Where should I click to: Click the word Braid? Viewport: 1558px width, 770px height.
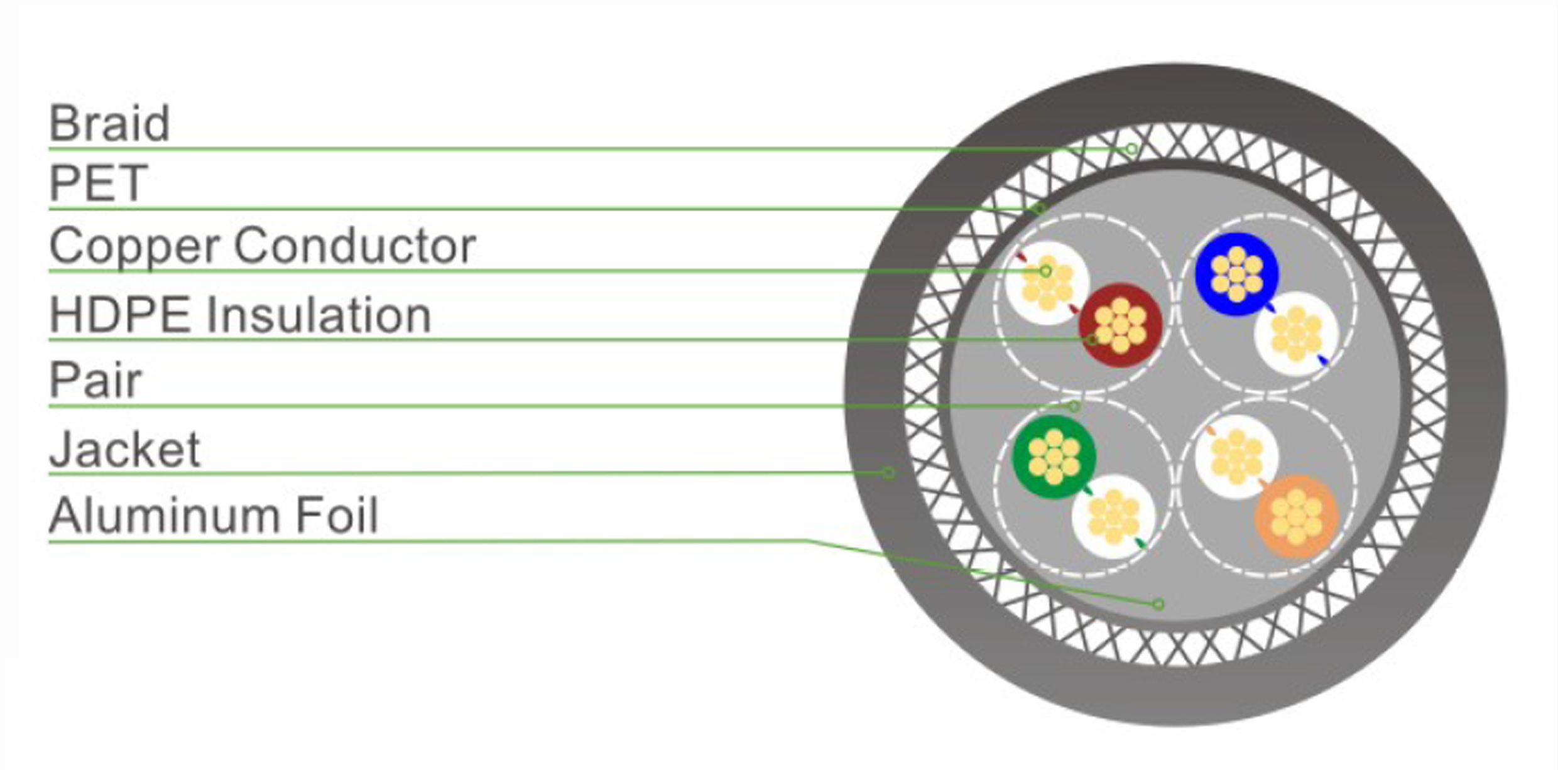pyautogui.click(x=109, y=123)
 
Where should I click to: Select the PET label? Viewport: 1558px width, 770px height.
pyautogui.click(x=99, y=183)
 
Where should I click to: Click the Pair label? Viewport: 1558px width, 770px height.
pyautogui.click(x=95, y=380)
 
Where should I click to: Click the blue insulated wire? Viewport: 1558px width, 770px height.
pyautogui.click(x=1236, y=274)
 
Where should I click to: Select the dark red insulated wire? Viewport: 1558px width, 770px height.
pyautogui.click(x=1120, y=325)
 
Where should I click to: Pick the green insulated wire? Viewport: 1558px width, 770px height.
pyautogui.click(x=1054, y=457)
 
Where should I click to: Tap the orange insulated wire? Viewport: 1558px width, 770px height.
pyautogui.click(x=1296, y=517)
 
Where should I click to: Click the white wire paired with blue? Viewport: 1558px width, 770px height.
pyautogui.click(x=1296, y=333)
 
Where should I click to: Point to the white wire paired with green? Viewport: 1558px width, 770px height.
pyautogui.click(x=1113, y=517)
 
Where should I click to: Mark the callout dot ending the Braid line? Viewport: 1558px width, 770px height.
pyautogui.click(x=1131, y=149)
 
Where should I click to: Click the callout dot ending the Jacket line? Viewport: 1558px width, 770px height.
pyautogui.click(x=888, y=473)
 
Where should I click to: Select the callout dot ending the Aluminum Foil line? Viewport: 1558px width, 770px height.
pyautogui.click(x=1158, y=604)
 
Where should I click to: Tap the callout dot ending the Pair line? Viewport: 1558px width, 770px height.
pyautogui.click(x=1074, y=406)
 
